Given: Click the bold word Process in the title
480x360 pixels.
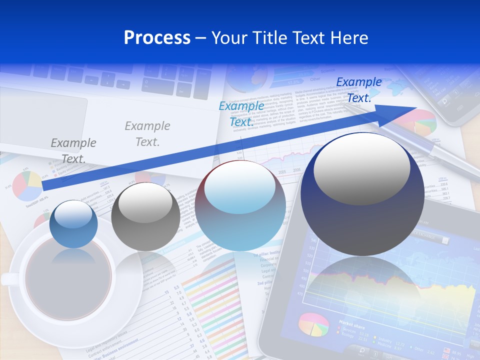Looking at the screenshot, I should (157, 38).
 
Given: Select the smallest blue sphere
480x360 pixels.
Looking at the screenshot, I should (74, 224).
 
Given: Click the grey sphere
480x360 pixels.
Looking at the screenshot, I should (145, 216).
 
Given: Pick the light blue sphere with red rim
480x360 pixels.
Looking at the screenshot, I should (240, 205).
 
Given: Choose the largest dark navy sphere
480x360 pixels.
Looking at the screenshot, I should (362, 194).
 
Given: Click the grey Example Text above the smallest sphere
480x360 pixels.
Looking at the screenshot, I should (73, 150).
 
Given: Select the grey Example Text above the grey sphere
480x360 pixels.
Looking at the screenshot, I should (147, 134).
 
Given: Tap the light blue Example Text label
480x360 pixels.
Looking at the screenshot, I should (241, 113).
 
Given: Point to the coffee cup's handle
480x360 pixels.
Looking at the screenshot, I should (9, 278).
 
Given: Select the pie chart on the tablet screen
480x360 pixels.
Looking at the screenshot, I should (313, 325).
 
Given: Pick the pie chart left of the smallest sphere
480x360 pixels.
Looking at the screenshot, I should (27, 185).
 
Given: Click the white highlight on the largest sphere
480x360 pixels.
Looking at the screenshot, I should (361, 168).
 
